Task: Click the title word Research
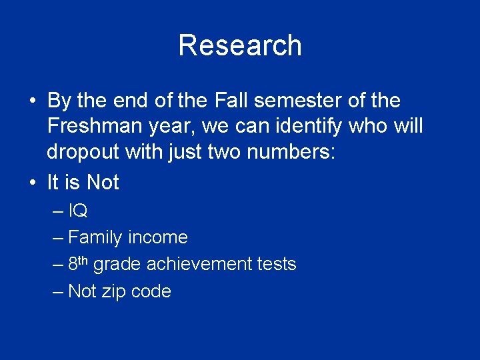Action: click(240, 45)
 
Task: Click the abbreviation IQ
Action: click(78, 211)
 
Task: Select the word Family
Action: click(95, 237)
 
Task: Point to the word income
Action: click(158, 237)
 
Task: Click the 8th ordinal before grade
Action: click(79, 263)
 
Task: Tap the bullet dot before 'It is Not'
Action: click(32, 183)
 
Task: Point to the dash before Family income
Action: click(58, 238)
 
